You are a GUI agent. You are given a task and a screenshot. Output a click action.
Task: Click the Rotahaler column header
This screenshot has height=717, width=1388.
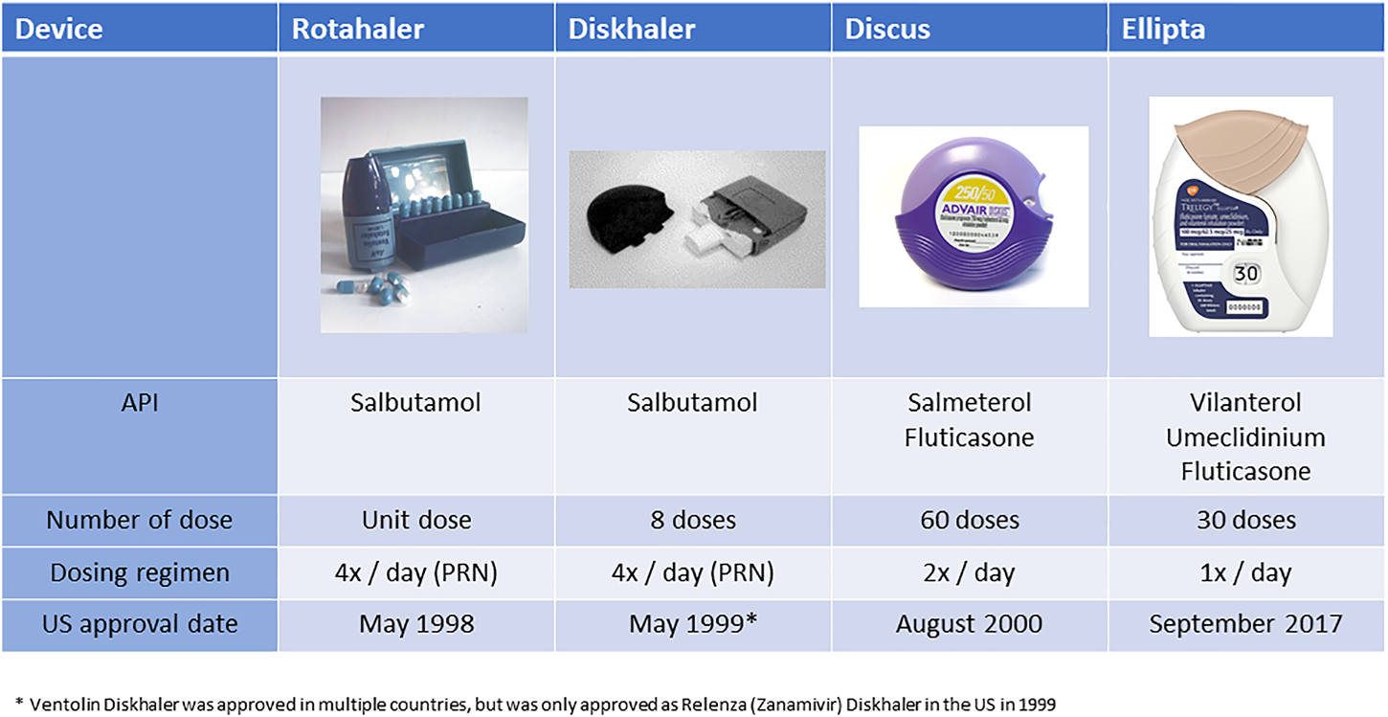click(358, 30)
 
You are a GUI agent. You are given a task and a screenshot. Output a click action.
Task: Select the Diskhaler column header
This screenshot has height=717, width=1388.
click(632, 30)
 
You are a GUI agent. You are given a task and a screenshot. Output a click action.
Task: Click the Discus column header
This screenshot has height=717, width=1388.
click(887, 30)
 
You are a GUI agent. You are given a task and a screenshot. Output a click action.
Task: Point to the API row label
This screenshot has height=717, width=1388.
click(140, 403)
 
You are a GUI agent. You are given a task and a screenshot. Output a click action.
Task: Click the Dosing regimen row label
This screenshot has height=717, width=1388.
click(140, 572)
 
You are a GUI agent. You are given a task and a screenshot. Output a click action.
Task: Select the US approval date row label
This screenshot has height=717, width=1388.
click(140, 624)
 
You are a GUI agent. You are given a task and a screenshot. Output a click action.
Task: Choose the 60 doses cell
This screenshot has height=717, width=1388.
click(969, 521)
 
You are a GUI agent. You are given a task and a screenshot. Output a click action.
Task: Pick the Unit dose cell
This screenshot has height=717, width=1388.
click(417, 521)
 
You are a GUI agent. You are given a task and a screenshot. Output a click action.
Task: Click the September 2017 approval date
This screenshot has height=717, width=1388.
click(1245, 624)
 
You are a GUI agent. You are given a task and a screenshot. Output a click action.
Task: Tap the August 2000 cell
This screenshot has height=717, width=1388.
click(969, 624)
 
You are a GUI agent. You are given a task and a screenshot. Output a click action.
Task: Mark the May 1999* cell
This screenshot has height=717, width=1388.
click(693, 624)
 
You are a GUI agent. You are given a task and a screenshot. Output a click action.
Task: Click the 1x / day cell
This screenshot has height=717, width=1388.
click(1245, 572)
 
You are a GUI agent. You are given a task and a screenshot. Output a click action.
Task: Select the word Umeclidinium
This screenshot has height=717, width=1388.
click(1245, 437)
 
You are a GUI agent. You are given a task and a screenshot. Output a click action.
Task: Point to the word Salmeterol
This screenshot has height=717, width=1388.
click(969, 403)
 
